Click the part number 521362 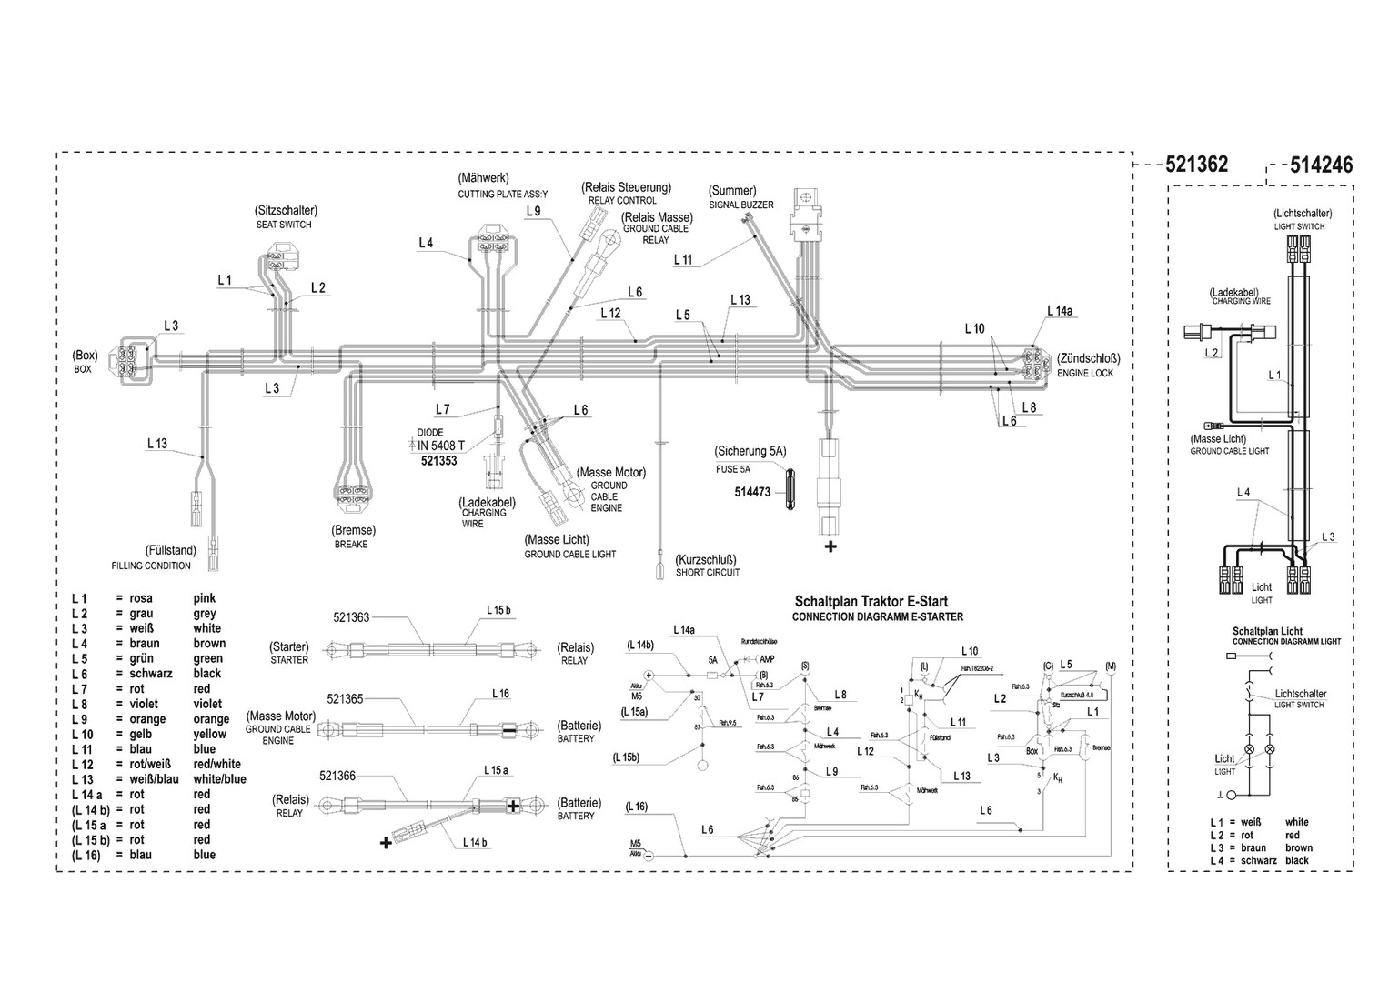pyautogui.click(x=1196, y=165)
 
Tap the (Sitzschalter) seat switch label pyautogui.click(x=286, y=210)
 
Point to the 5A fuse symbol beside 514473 pyautogui.click(x=788, y=492)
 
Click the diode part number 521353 pyautogui.click(x=438, y=461)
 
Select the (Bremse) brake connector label pyautogui.click(x=354, y=530)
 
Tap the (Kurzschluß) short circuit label pyautogui.click(x=705, y=559)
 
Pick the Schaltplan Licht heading pyautogui.click(x=1267, y=631)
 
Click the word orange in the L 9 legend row pyautogui.click(x=211, y=719)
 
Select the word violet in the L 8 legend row pyautogui.click(x=207, y=704)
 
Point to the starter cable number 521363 pyautogui.click(x=351, y=617)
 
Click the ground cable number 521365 pyautogui.click(x=345, y=698)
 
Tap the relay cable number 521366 pyautogui.click(x=337, y=776)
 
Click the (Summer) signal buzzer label pyautogui.click(x=732, y=191)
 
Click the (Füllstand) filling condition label pyautogui.click(x=170, y=551)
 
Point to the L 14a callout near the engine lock pyautogui.click(x=1060, y=311)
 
